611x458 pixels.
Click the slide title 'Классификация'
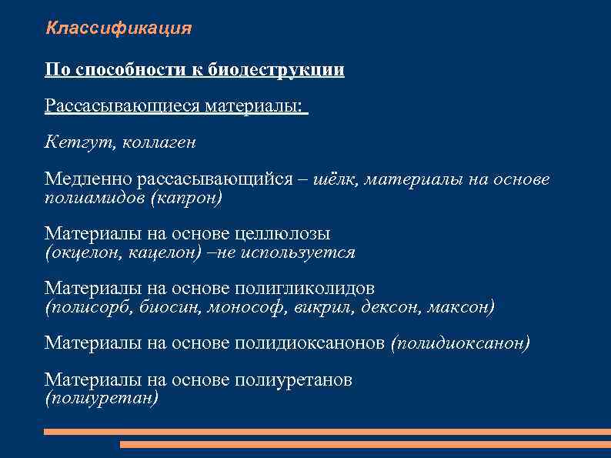pyautogui.click(x=119, y=29)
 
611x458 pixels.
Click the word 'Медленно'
pyautogui.click(x=88, y=179)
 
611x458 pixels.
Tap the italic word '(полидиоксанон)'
pyautogui.click(x=460, y=343)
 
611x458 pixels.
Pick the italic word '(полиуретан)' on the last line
pyautogui.click(x=102, y=398)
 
